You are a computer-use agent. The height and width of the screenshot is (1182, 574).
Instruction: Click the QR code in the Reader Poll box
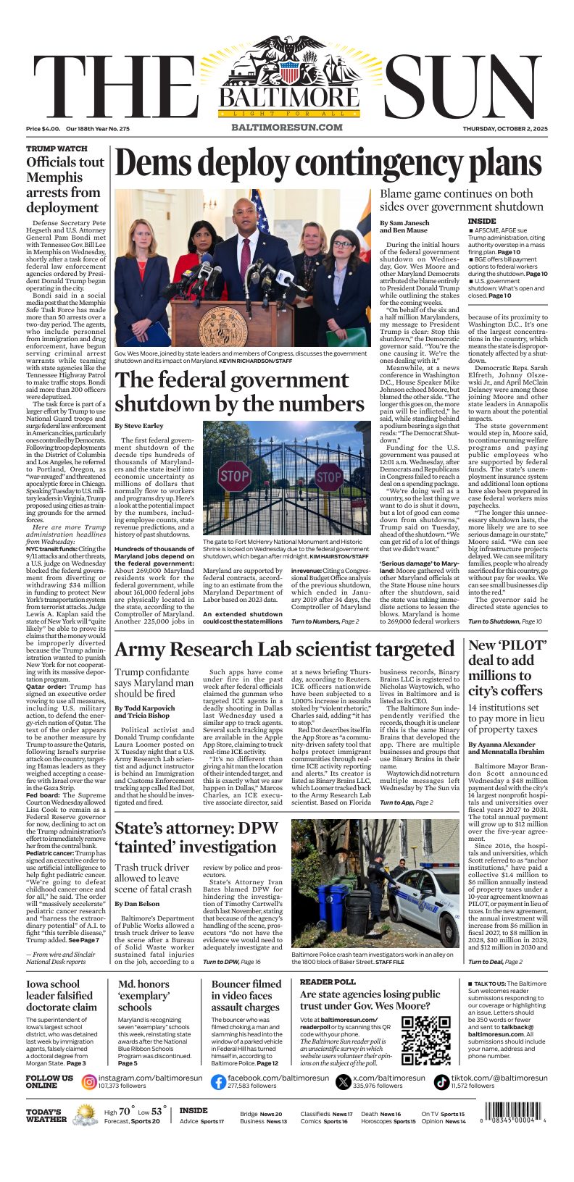[426, 1041]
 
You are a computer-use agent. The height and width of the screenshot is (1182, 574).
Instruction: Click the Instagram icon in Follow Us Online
[89, 1082]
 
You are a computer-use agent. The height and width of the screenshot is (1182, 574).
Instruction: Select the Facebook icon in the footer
[218, 1082]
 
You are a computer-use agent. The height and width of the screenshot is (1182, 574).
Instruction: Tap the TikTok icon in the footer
[441, 1082]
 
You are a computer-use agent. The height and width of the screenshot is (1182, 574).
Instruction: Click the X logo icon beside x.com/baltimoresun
[344, 1082]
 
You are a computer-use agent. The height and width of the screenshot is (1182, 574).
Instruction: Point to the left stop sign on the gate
[234, 476]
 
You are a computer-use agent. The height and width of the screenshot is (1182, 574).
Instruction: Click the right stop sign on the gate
[329, 477]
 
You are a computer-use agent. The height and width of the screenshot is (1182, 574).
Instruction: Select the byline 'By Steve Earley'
[139, 426]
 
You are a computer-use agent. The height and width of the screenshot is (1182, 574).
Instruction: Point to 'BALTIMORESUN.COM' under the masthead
[286, 127]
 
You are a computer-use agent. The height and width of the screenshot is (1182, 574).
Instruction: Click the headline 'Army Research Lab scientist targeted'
[284, 648]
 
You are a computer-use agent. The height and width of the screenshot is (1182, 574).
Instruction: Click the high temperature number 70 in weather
[124, 1111]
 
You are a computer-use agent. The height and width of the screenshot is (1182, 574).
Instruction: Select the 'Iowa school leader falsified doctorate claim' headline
[62, 995]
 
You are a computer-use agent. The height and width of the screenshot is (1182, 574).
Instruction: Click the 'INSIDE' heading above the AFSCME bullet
[482, 221]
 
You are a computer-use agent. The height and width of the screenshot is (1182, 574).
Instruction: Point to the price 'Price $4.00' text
[43, 129]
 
